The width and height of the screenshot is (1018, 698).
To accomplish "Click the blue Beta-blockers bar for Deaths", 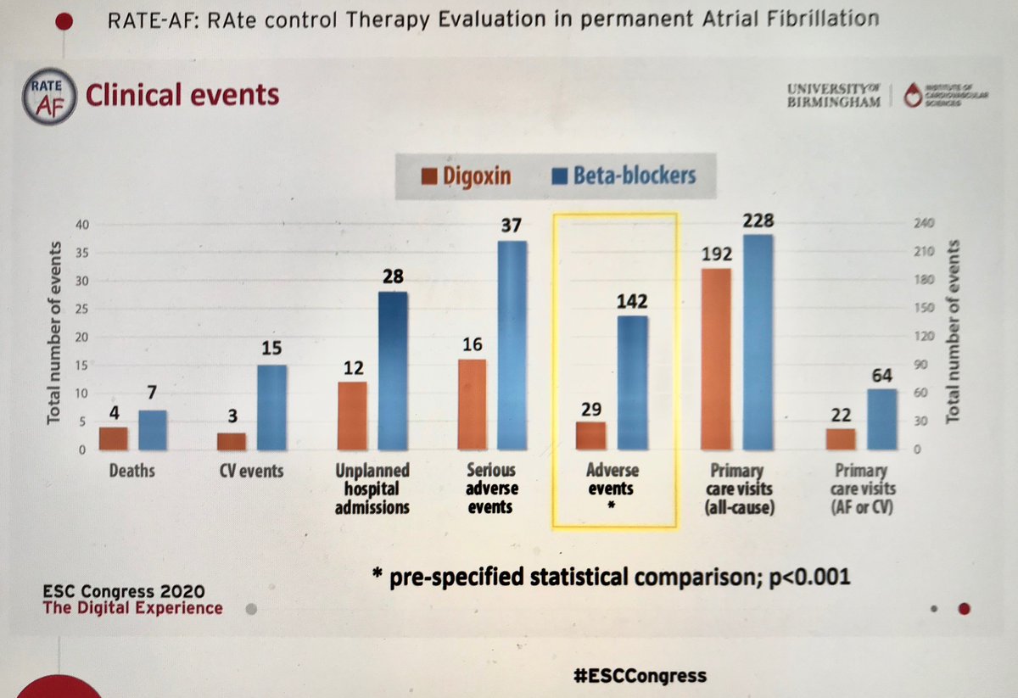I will [154, 430].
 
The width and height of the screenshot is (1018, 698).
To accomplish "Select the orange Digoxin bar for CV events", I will [232, 441].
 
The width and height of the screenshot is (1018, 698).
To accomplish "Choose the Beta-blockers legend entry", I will [624, 176].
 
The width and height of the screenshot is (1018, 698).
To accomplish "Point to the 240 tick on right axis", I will [923, 225].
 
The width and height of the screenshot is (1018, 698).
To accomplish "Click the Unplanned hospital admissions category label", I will [373, 488].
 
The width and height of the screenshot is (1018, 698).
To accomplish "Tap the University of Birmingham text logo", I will [834, 94].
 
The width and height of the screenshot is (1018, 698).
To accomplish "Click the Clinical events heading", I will [182, 94].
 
